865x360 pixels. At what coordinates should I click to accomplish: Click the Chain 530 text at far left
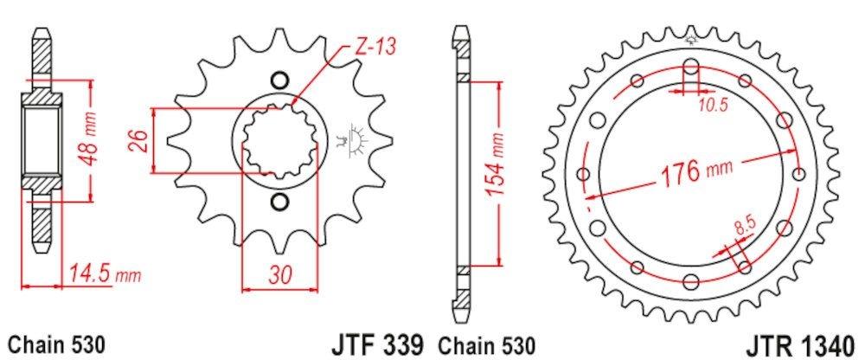coord(57,344)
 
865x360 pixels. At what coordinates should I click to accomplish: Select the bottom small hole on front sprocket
coord(279,203)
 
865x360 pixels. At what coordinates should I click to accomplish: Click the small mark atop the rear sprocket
coord(691,38)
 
